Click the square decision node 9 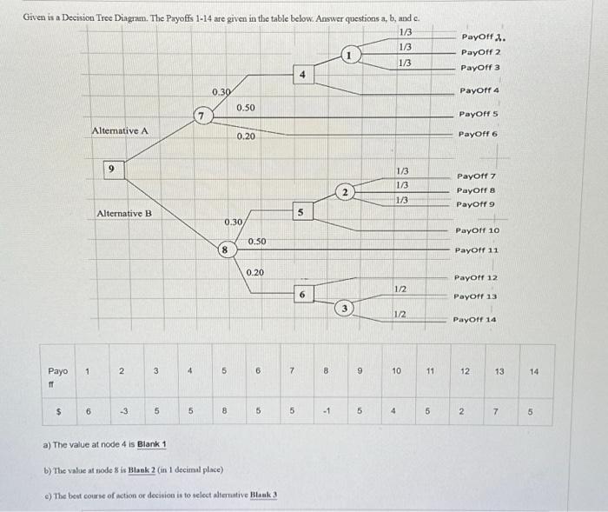coord(110,169)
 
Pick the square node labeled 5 coord(301,211)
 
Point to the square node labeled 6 coord(301,294)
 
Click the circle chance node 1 coord(347,56)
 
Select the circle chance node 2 coord(345,192)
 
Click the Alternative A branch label coord(120,130)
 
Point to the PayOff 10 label coord(477,230)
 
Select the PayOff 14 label coord(475,320)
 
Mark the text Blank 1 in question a coord(147,445)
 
